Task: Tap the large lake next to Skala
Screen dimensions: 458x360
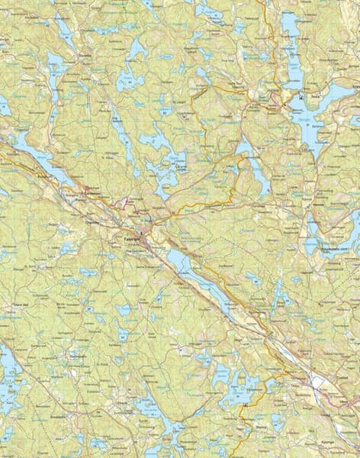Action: pyautogui.click(x=313, y=114)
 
